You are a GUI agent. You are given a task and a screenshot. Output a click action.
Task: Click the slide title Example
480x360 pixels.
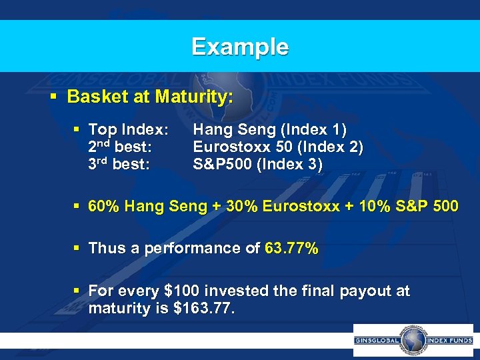(x=240, y=47)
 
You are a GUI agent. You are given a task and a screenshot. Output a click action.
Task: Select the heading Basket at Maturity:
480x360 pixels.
(x=150, y=97)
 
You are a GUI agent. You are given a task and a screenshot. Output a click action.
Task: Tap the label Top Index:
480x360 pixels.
(x=128, y=129)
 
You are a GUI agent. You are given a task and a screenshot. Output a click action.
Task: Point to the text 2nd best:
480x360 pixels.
(x=119, y=147)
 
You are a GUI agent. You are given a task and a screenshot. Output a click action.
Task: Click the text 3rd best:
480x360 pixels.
(x=119, y=164)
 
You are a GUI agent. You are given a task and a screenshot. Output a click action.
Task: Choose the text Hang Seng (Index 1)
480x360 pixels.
(x=269, y=129)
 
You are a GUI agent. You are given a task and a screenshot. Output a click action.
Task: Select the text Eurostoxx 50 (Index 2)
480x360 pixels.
(x=278, y=147)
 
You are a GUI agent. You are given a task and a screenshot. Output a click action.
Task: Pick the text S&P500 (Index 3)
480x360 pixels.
(x=257, y=164)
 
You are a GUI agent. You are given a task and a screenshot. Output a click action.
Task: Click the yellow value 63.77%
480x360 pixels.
(x=291, y=249)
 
